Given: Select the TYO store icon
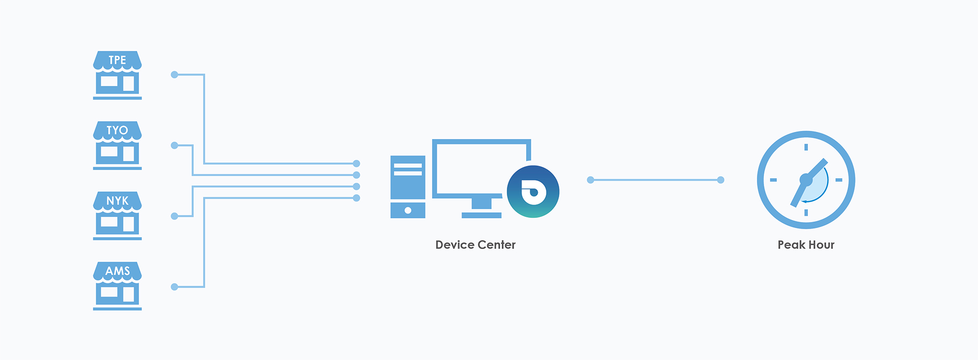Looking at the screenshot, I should [x=117, y=146].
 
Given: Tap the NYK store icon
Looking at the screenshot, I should [x=117, y=216].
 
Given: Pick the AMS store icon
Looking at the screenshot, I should [x=117, y=286].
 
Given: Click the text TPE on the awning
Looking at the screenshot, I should [x=117, y=60].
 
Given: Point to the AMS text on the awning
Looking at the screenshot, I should [x=118, y=271].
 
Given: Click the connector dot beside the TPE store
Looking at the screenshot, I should [x=174, y=75].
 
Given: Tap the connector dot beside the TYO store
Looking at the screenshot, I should [x=174, y=146].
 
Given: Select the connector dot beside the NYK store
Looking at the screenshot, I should [x=174, y=216].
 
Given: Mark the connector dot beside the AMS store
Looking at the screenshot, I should [x=174, y=287].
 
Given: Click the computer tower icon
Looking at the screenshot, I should [x=407, y=186].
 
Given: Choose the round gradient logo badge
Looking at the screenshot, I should [x=533, y=192].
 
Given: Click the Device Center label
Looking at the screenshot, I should [x=475, y=245].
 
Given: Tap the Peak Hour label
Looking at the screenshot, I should [x=806, y=245].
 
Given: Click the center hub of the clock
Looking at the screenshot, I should [x=806, y=179].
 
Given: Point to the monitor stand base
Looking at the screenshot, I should [x=481, y=215].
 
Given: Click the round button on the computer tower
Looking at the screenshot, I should [x=407, y=210].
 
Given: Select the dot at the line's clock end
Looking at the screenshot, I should [x=720, y=180].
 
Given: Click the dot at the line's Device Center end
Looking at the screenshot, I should [x=590, y=180].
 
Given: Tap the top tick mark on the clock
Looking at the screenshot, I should [x=806, y=147].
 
